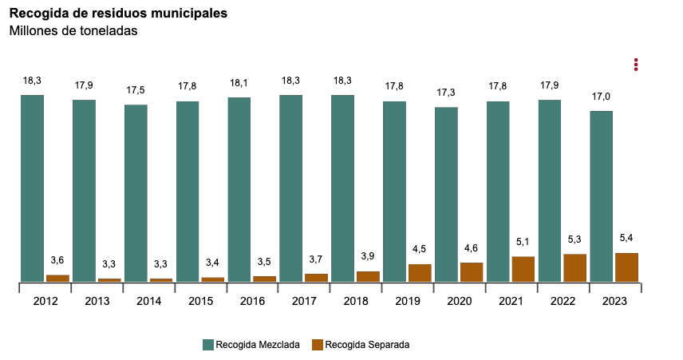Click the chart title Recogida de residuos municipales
tap(117, 14)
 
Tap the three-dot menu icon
tap(636, 64)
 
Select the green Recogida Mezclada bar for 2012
tap(32, 188)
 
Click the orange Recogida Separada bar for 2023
tap(626, 267)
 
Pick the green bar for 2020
tap(446, 194)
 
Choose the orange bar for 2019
tap(420, 272)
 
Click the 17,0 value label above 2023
tap(602, 97)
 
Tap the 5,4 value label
tap(626, 239)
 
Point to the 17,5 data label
tap(136, 90)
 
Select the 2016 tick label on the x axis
tap(252, 301)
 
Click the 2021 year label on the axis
tap(511, 301)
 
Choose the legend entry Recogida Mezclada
tap(251, 345)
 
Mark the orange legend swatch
tap(317, 345)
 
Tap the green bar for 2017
tap(291, 188)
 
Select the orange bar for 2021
tap(523, 269)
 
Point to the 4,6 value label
tap(472, 248)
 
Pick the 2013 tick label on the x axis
tap(97, 301)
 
